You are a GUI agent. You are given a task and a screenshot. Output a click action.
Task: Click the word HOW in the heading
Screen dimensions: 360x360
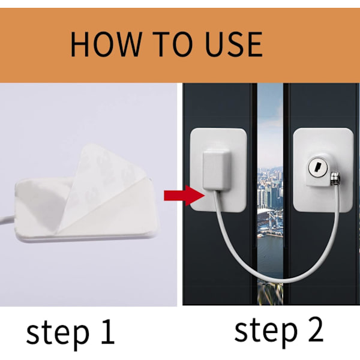point(106,44)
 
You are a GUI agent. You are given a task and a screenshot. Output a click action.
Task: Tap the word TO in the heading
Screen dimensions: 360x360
point(172,44)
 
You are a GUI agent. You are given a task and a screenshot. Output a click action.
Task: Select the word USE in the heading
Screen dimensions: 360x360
point(234,44)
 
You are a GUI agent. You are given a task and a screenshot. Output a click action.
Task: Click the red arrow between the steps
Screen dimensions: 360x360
point(184,196)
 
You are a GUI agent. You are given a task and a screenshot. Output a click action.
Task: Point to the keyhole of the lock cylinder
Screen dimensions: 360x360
point(318,167)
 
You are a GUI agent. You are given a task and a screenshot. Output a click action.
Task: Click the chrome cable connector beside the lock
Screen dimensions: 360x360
point(335,179)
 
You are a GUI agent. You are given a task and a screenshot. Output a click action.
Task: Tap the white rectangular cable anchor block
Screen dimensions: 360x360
point(216,169)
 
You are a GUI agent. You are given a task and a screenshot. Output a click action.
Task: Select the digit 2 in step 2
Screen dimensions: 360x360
point(314,328)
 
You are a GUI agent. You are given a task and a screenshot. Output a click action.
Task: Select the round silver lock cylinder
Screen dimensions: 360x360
point(318,167)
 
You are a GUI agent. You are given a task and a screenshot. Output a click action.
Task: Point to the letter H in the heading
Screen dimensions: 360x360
point(80,44)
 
